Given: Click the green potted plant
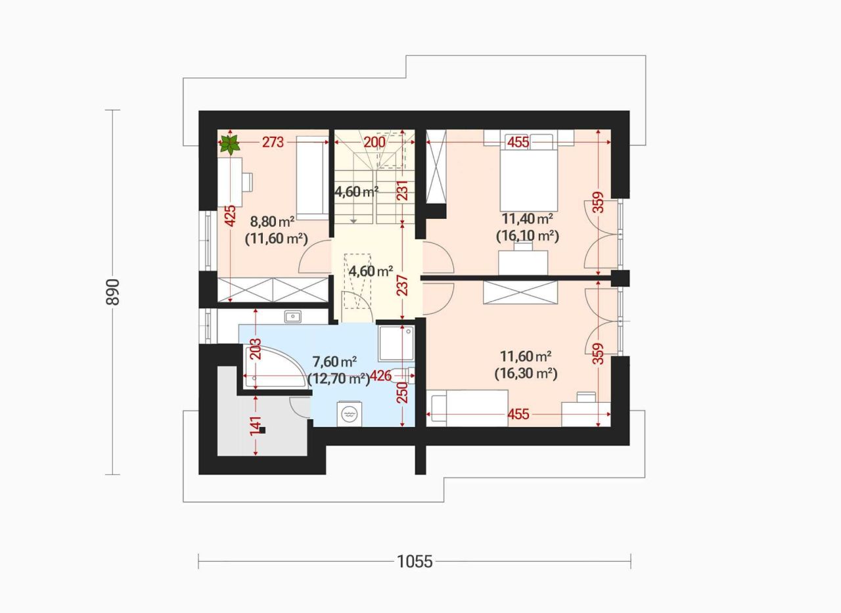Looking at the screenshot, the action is pos(230,145).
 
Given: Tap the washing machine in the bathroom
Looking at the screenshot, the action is pos(350,414).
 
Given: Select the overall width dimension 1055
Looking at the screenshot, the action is pos(415,562).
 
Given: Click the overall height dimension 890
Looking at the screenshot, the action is pos(112,292).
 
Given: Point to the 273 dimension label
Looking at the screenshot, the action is pos(273,143).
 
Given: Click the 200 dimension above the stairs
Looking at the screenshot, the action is pos(375,143).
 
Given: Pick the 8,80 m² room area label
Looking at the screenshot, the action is pos(272,222).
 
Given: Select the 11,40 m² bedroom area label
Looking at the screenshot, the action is pos(528,219).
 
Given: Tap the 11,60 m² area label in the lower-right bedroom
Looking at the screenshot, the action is pos(526,355).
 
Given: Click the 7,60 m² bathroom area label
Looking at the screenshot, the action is pos(334,362).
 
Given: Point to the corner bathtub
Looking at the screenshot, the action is pos(275,367).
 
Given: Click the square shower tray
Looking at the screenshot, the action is pos(396,344).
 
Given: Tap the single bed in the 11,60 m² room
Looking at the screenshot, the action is pos(467,409).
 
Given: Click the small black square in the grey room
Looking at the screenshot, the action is pos(262,430).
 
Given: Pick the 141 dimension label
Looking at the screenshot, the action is pos(256,426).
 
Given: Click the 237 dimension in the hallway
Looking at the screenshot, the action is pos(403,286).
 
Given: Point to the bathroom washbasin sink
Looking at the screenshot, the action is pos(292,317).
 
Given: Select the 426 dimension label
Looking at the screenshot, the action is pos(380,375).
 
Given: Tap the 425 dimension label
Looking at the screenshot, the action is pos(230,216).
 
